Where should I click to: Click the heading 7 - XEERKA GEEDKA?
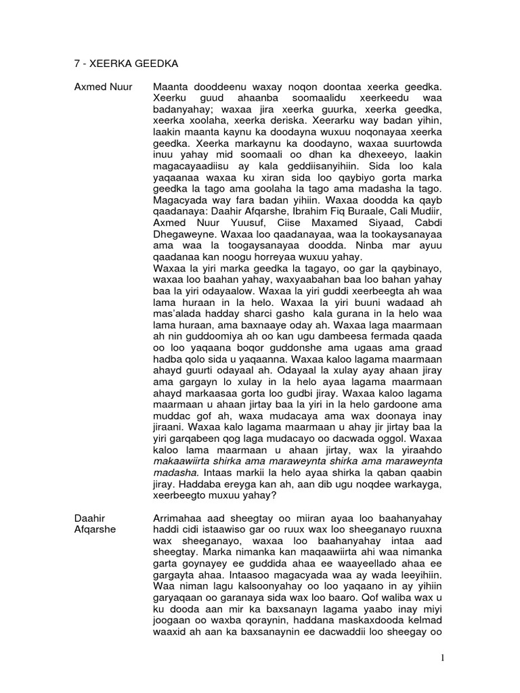(x=117, y=64)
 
